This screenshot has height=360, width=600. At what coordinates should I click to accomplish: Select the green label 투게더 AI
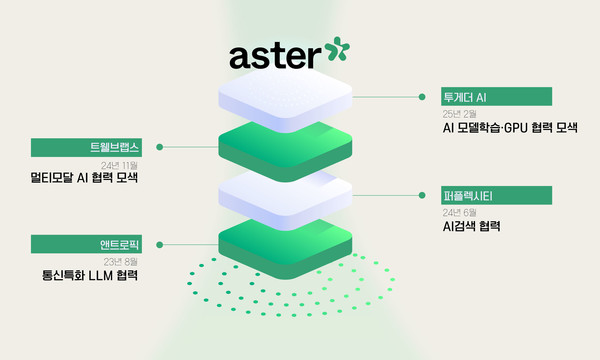496,97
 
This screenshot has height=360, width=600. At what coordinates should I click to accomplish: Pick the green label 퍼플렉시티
496,194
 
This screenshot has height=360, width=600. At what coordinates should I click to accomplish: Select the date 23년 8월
119,260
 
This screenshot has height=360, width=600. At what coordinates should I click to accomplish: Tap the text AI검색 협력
471,226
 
